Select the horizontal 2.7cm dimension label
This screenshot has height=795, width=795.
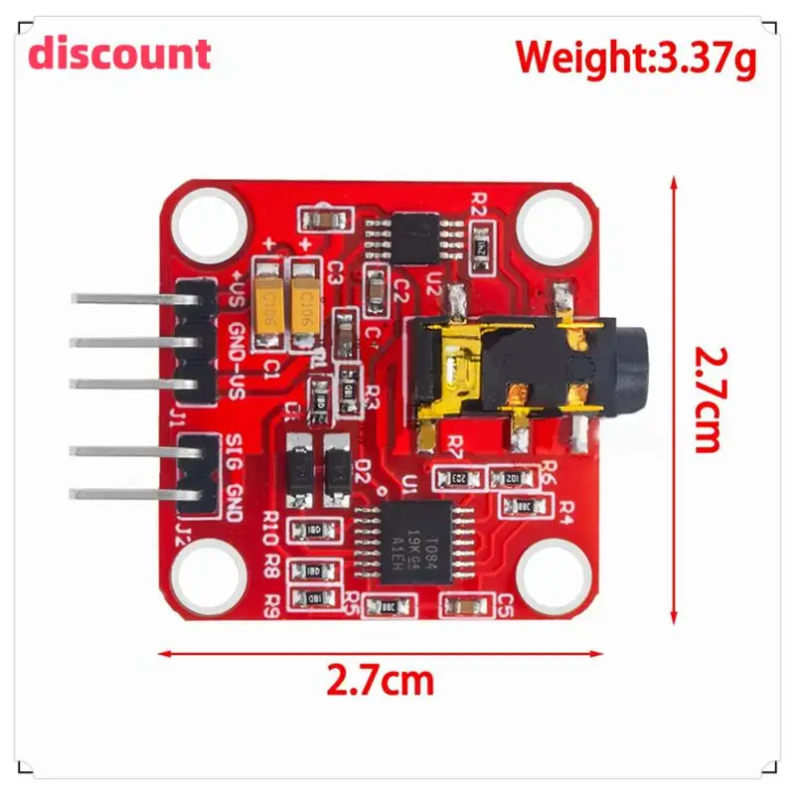click(x=381, y=682)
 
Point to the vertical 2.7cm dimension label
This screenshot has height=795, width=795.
click(x=707, y=397)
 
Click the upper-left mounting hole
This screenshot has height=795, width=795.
click(x=209, y=225)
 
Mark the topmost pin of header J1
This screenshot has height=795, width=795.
click(x=119, y=298)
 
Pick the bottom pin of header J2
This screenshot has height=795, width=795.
click(x=119, y=492)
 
